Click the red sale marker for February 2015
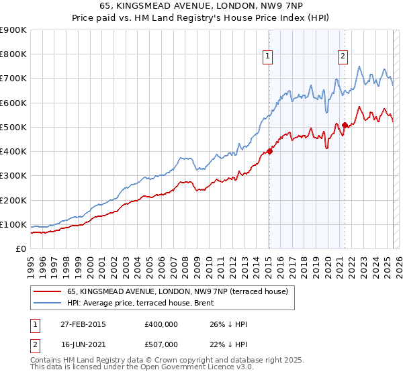(269, 151)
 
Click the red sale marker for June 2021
(345, 125)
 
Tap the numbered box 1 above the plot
(268, 57)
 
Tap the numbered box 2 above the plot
(343, 57)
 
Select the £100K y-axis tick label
(13, 224)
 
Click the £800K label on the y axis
(13, 54)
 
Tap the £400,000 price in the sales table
(161, 324)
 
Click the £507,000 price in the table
(161, 344)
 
